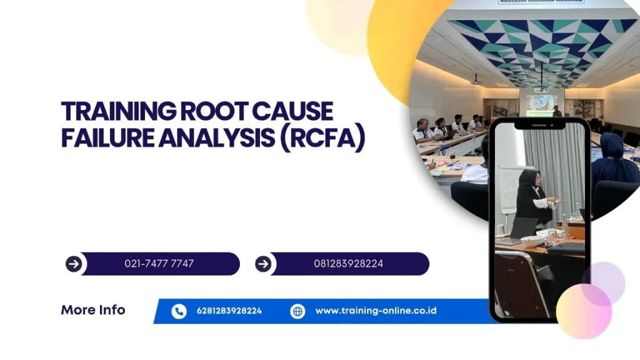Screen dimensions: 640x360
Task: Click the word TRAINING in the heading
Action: (119, 111)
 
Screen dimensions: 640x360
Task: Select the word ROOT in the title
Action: (214, 111)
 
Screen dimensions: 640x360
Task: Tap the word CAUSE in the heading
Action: (292, 111)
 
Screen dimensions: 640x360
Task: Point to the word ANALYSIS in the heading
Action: (216, 138)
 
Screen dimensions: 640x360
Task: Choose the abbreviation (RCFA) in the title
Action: (322, 139)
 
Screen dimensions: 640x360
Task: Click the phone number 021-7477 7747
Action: (159, 264)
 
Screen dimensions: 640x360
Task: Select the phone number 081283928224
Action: (349, 264)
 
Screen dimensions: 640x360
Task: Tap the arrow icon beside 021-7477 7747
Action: (74, 264)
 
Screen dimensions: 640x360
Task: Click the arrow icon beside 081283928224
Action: (263, 264)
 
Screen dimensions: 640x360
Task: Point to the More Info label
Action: (93, 310)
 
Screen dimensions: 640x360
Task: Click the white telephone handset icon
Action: (179, 311)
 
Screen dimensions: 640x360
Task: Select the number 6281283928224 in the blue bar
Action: (229, 311)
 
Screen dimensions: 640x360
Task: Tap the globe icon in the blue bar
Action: (297, 311)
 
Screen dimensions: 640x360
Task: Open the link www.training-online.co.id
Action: (376, 311)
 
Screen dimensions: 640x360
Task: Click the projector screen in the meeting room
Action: (542, 105)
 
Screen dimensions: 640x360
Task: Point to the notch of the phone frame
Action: (539, 124)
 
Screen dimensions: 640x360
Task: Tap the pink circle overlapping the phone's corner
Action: (584, 311)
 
